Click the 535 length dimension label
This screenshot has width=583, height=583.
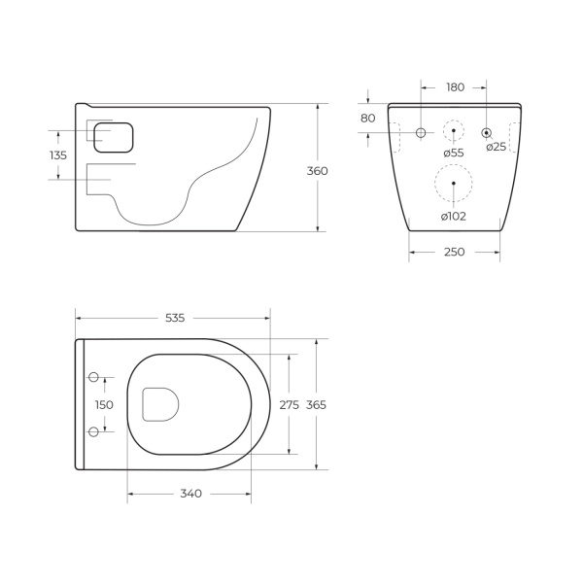coord(175,318)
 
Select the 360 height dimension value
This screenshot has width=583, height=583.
coord(317,171)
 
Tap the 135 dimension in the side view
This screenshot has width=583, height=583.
coord(58,155)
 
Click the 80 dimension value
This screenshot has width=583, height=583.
coord(367,119)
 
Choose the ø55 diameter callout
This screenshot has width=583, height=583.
coord(454,152)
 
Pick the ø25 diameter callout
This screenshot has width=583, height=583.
coord(496,147)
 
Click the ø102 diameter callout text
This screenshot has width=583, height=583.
coord(453,216)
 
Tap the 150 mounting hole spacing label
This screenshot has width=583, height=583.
coord(104,405)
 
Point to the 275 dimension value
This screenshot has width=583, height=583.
coord(290,405)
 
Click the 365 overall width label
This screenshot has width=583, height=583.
coord(317,405)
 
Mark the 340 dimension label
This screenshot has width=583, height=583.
coord(190,494)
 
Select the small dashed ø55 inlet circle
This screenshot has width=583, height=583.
coord(454,131)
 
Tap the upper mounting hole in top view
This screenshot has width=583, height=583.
coord(94,377)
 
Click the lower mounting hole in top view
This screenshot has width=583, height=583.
coord(94,431)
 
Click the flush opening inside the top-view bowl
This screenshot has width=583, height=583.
coord(159,404)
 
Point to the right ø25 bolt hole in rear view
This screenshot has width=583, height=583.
coord(487,131)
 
